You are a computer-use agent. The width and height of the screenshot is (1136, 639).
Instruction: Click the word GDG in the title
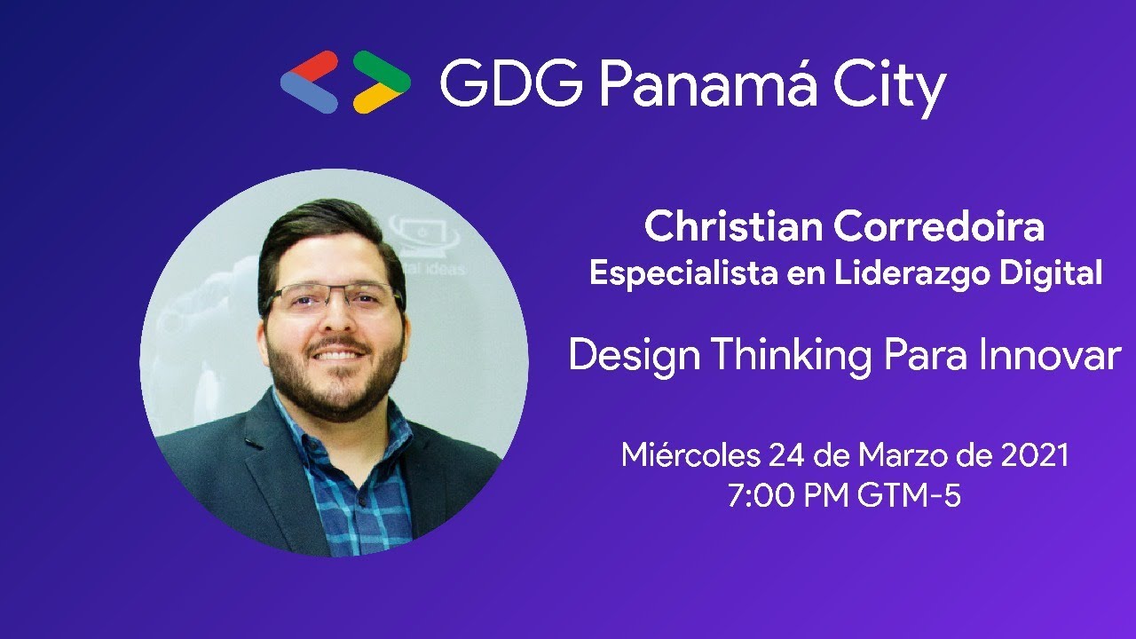click(510, 85)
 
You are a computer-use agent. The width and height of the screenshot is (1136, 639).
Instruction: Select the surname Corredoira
click(941, 227)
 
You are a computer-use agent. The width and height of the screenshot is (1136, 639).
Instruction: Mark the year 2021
click(1034, 455)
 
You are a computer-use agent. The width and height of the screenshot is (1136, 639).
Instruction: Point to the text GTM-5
click(909, 495)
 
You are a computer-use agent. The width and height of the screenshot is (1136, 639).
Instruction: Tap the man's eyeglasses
click(334, 298)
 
